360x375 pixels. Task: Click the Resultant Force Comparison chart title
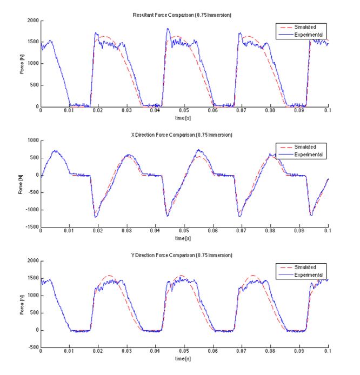[x=183, y=14]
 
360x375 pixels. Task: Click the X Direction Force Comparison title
[x=183, y=135]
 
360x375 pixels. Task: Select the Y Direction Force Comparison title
[x=183, y=255]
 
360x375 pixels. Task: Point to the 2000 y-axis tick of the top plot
[x=32, y=21]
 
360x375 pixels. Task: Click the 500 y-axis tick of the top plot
[x=34, y=85]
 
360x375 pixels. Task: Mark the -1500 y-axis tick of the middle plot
[x=31, y=227]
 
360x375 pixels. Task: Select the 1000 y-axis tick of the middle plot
[x=32, y=140]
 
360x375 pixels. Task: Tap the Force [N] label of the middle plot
[x=22, y=184]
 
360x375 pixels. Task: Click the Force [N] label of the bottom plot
[x=22, y=304]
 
